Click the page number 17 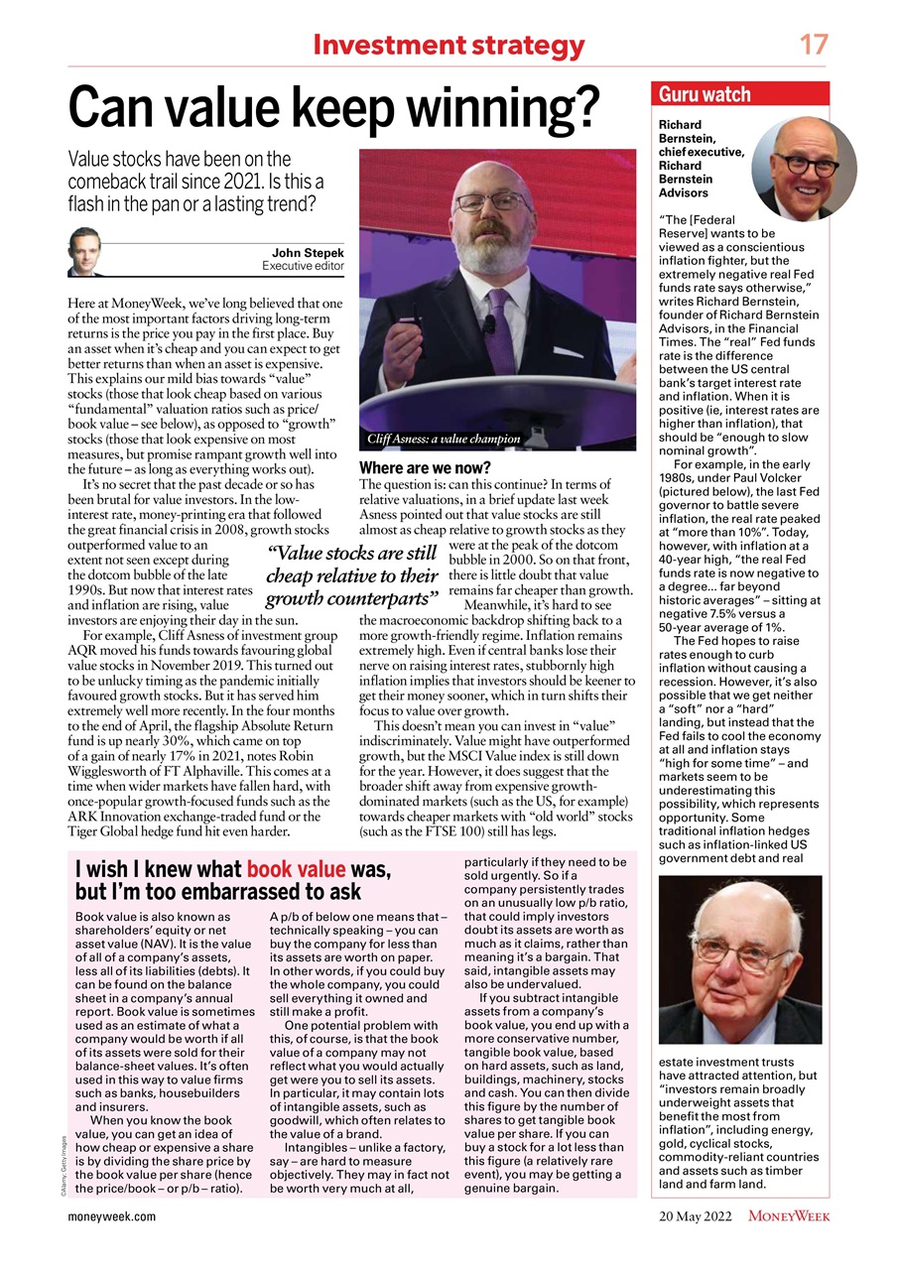click(813, 45)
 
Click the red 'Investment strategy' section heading click(449, 46)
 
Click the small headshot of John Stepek click(84, 252)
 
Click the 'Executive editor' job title click(303, 267)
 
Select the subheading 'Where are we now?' click(425, 467)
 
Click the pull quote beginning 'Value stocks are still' click(352, 576)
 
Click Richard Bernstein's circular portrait click(803, 167)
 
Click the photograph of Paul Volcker click(740, 959)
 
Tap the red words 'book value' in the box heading click(296, 870)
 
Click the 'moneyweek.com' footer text click(112, 1215)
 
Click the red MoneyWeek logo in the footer click(789, 1215)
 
